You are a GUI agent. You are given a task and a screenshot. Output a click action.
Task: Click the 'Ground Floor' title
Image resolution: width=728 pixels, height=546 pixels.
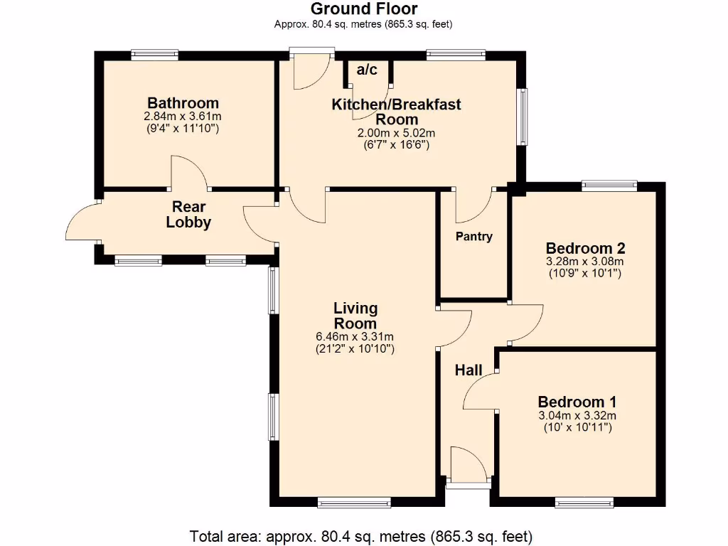click(x=363, y=9)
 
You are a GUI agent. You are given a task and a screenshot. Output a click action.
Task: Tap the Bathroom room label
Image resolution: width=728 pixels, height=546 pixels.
click(x=183, y=103)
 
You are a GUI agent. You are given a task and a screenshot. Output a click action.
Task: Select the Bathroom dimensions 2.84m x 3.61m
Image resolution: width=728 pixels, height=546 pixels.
click(x=183, y=117)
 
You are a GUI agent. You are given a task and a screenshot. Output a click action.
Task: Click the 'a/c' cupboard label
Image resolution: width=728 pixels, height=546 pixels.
click(x=367, y=70)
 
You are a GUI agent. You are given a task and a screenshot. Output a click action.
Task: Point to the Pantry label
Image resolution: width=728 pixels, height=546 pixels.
click(x=473, y=236)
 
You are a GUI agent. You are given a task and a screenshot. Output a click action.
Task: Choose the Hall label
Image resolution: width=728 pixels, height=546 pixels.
click(x=469, y=370)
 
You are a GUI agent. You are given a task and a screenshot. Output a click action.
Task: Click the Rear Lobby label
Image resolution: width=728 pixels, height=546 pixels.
click(x=188, y=215)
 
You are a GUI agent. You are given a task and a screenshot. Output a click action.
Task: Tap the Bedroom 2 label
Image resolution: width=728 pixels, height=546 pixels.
click(x=585, y=248)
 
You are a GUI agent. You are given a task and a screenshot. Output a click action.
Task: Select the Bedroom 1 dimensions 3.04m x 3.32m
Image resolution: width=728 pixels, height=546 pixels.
click(x=577, y=416)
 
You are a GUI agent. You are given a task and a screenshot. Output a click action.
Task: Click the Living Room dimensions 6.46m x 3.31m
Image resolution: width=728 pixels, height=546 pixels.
click(x=355, y=337)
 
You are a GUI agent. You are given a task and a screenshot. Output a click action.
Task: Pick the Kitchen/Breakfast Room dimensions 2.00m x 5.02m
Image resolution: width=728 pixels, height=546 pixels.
click(x=396, y=133)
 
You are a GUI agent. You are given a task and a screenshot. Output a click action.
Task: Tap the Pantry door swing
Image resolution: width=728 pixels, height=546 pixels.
click(x=473, y=205)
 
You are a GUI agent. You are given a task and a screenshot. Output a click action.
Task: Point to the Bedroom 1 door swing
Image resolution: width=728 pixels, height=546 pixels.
click(x=481, y=392)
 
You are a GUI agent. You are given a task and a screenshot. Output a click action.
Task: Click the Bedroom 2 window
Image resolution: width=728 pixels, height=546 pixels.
click(x=609, y=186)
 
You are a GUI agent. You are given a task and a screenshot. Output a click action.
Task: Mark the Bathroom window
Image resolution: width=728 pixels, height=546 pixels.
click(x=154, y=55)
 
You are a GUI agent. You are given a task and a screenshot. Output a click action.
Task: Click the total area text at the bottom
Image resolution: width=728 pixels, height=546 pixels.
click(x=360, y=535)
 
